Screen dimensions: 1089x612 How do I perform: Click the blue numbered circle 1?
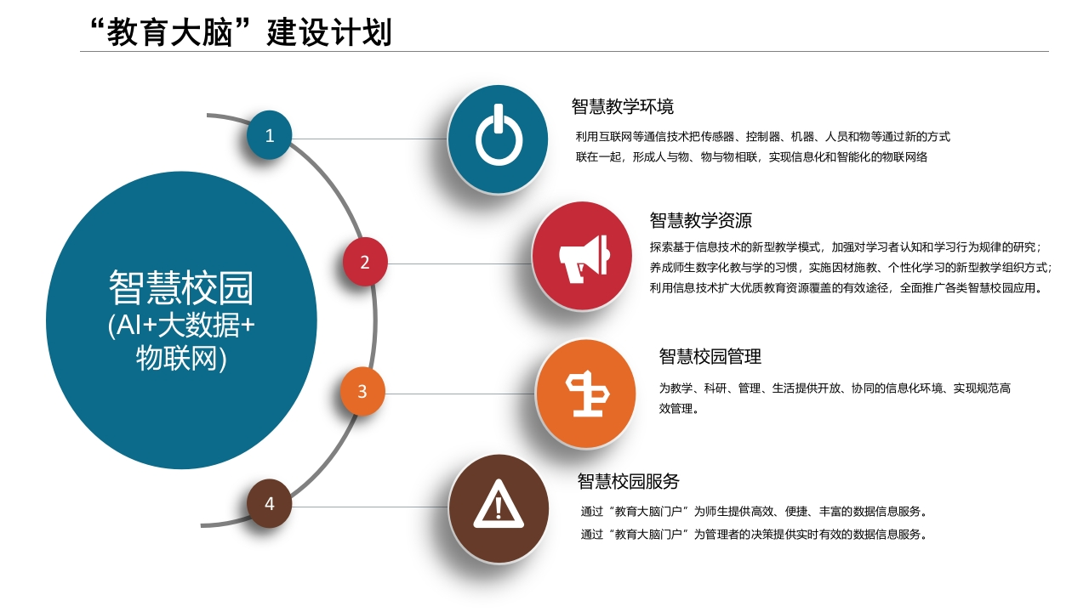[270, 135]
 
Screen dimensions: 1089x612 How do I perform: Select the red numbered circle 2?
[365, 262]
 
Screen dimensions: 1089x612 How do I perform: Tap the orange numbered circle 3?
[362, 391]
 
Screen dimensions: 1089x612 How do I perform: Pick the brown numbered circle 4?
[270, 503]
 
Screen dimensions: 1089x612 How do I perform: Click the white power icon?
[499, 134]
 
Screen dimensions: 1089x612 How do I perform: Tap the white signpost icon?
[587, 394]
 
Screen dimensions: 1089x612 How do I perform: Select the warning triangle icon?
[499, 504]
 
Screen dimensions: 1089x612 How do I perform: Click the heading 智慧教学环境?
[622, 106]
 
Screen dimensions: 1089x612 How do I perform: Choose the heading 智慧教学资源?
[700, 220]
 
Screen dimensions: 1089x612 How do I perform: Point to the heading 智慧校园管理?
[710, 356]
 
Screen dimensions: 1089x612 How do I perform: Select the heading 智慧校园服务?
[628, 481]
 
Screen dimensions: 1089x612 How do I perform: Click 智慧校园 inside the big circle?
[181, 288]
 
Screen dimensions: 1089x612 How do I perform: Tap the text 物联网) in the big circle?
[181, 359]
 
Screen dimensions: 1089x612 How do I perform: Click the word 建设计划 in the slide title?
[329, 32]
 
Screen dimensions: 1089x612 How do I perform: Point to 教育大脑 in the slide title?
[169, 32]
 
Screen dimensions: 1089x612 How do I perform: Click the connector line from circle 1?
[369, 139]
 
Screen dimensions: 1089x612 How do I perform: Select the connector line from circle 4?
[370, 507]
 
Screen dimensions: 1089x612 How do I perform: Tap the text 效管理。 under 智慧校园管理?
[679, 409]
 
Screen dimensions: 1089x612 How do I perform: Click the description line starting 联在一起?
[751, 157]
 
